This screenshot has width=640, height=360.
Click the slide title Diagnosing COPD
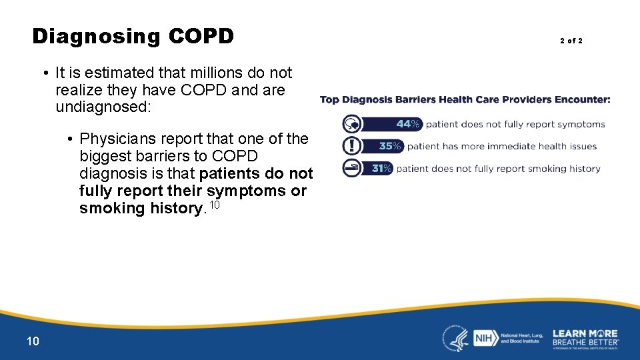[x=133, y=36]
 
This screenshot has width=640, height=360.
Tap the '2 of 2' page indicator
[x=571, y=41]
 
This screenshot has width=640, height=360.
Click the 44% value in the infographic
[x=407, y=124]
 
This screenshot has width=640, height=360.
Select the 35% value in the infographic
[x=390, y=146]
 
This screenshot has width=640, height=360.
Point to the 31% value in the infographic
[x=381, y=169]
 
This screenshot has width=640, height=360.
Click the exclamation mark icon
[x=351, y=146]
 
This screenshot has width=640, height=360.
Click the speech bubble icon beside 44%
[x=351, y=124]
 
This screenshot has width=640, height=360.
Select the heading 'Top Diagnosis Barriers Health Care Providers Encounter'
[x=465, y=100]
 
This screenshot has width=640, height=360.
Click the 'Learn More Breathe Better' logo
[x=585, y=338]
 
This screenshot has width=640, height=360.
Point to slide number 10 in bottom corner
[x=33, y=341]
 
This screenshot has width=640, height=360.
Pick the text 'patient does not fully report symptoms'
[x=515, y=124]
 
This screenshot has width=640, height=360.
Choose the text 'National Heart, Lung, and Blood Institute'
[x=521, y=338]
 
